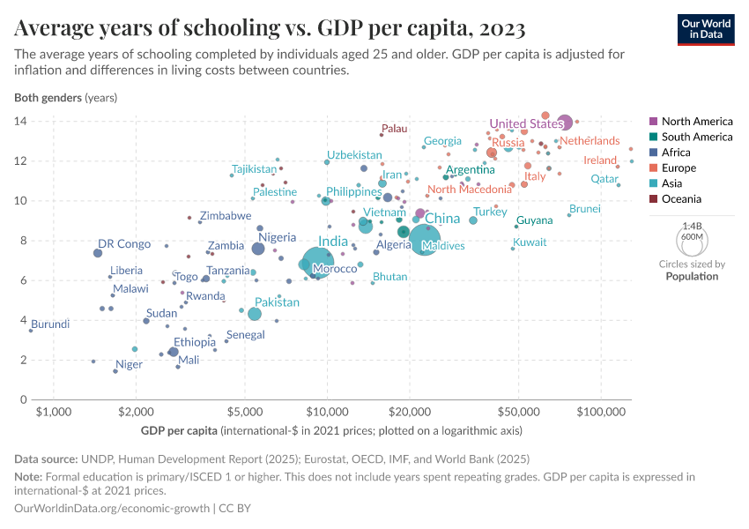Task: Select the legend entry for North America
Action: (x=696, y=121)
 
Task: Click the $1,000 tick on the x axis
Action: (x=55, y=413)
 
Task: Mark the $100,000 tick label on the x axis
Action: (x=603, y=413)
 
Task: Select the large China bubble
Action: (x=426, y=239)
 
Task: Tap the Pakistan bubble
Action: (x=255, y=314)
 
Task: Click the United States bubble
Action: (x=564, y=123)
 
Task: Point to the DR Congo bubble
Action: (x=98, y=253)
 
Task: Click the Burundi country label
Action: (x=50, y=324)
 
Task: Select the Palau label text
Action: (x=394, y=129)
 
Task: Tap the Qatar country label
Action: (x=604, y=178)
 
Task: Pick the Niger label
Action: (x=129, y=364)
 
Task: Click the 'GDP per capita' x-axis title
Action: (x=179, y=431)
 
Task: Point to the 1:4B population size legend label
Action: (x=692, y=227)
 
